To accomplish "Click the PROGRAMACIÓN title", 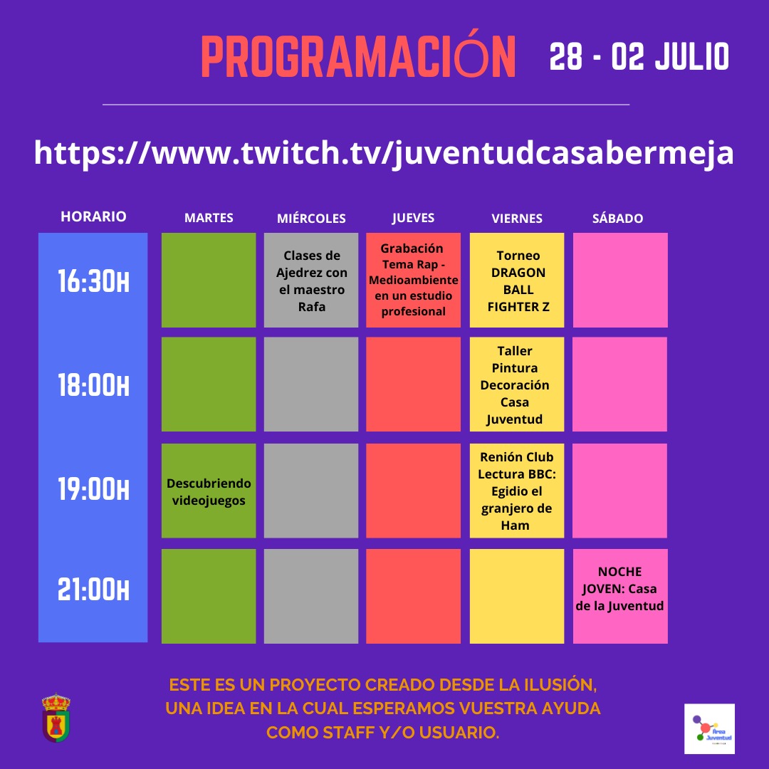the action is point(358,56).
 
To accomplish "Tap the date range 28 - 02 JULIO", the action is point(639,56).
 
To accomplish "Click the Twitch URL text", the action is point(384,153).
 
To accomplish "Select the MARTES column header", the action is point(209,218).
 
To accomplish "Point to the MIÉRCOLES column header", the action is point(311,218).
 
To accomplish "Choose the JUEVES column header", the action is point(413,218).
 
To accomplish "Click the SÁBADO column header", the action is point(617,218).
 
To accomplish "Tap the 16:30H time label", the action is point(93,281).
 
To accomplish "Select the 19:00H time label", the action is point(93,489).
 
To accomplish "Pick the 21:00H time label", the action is point(93,589).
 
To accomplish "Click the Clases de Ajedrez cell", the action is point(311,280).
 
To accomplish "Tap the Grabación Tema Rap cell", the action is point(413,280).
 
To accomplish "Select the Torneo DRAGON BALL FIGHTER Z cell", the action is point(517,280).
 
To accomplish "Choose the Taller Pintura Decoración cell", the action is point(517,384).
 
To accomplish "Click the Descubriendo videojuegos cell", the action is point(209,491).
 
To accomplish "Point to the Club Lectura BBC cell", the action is point(517,491).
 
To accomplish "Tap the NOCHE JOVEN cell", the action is point(620,596).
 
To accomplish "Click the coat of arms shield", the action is point(56,718).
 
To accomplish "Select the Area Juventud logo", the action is point(709,729).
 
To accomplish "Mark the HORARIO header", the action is point(93,216).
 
